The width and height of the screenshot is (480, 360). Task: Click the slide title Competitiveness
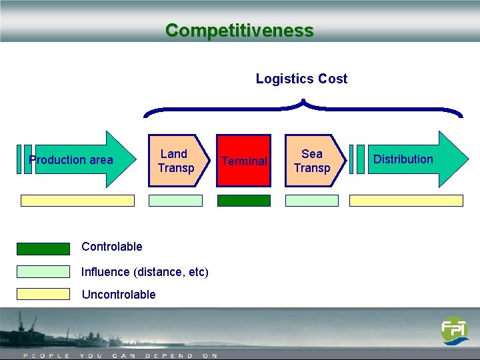click(239, 31)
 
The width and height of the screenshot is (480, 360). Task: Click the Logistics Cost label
click(301, 79)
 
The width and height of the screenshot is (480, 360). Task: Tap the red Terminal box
click(244, 161)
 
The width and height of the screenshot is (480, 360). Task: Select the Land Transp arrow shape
click(175, 161)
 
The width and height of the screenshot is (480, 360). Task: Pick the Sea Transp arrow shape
click(313, 161)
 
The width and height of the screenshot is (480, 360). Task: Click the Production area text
click(71, 160)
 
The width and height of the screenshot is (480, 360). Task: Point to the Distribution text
click(403, 159)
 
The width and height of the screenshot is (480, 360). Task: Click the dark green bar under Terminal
click(244, 200)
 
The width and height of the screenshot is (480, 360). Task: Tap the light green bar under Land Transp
click(175, 200)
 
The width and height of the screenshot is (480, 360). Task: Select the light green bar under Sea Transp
click(311, 200)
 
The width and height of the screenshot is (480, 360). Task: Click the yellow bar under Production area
click(77, 200)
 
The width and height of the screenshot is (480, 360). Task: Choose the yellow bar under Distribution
click(406, 200)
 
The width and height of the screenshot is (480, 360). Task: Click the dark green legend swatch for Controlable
click(43, 249)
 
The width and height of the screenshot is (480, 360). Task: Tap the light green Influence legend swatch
click(43, 272)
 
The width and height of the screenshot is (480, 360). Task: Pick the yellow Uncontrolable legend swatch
click(43, 294)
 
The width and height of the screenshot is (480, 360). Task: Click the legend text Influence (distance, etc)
click(145, 272)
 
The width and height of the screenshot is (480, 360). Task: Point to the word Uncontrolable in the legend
click(118, 295)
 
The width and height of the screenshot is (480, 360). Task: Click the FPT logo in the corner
click(455, 330)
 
